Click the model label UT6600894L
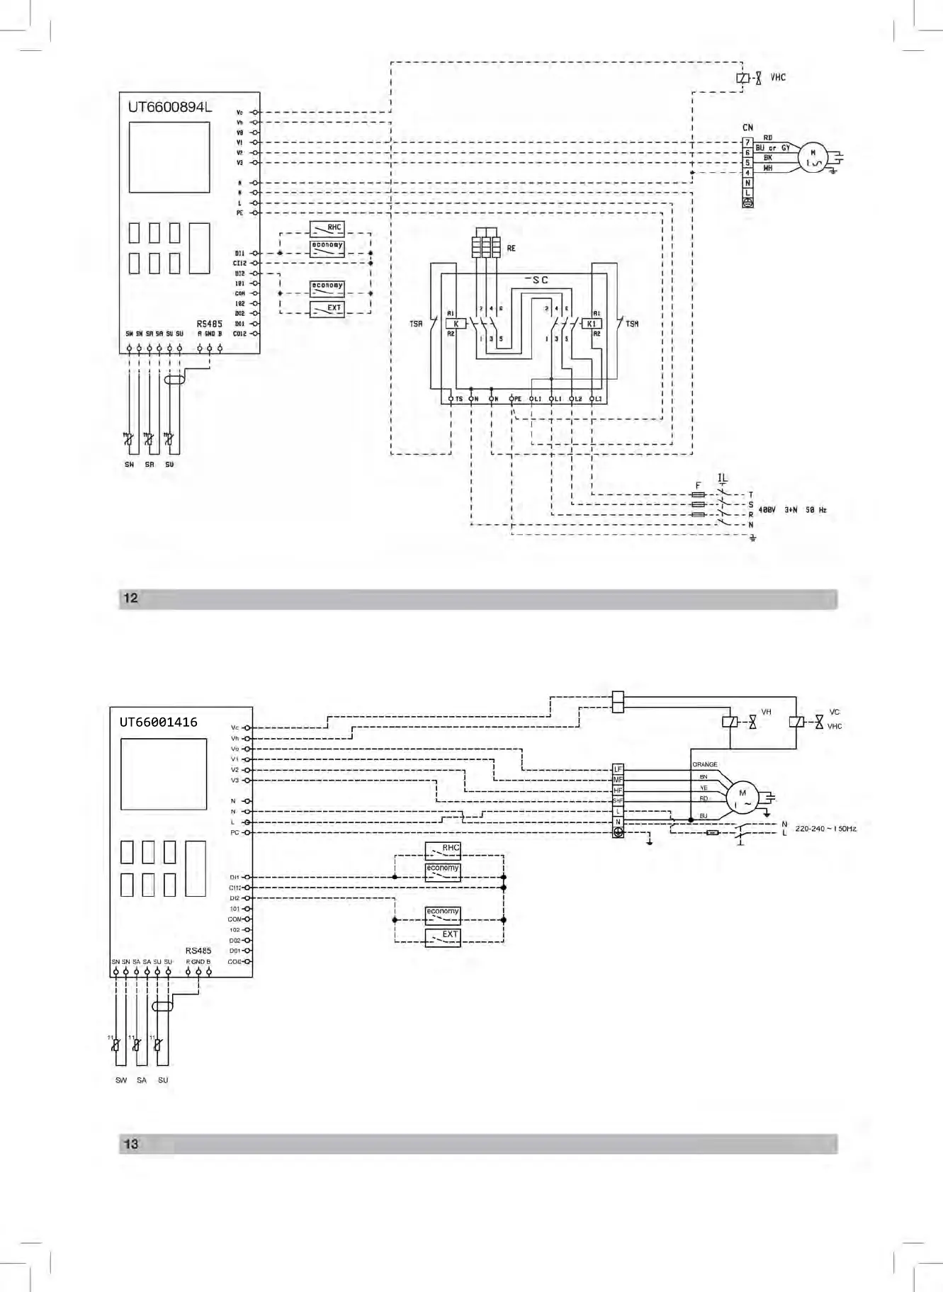coord(169,108)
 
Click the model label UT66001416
coord(158,722)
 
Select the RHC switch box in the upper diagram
coord(327,229)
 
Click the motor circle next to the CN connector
coord(813,158)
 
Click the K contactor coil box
coord(456,324)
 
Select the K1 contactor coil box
coord(592,324)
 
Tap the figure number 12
coord(131,599)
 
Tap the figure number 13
coord(132,1144)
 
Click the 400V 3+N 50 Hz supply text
coord(792,510)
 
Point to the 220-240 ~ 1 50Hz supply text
coord(825,829)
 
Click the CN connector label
coord(747,127)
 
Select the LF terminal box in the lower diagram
coord(618,769)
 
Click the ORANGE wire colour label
coord(704,764)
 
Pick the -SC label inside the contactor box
coord(536,280)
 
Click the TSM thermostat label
coord(632,324)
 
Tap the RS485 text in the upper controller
coord(209,324)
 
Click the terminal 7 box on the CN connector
coord(747,142)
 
